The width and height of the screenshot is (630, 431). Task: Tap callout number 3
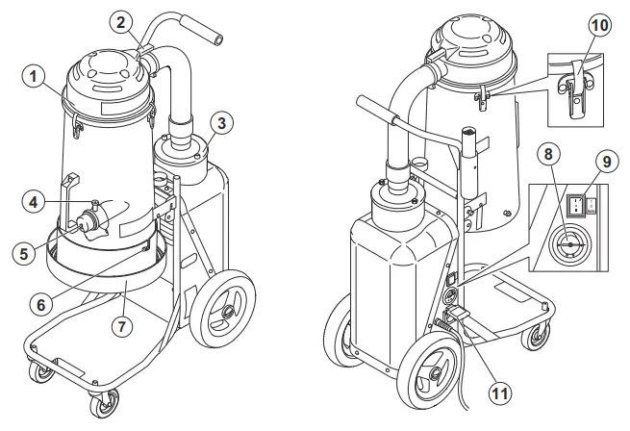[x=220, y=123]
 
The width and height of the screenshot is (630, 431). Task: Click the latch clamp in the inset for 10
[x=576, y=92]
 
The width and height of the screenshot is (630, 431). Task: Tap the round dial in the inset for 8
[x=569, y=245]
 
